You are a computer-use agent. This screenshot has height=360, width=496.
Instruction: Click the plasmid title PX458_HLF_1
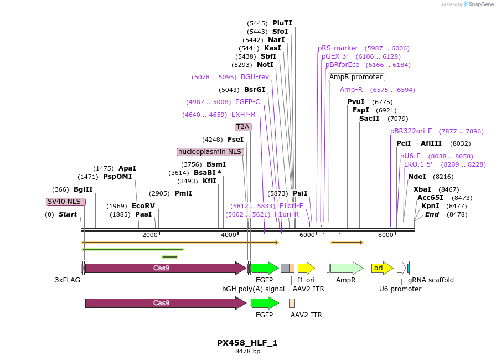[x=247, y=343]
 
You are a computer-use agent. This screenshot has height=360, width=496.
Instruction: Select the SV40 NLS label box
[x=66, y=202]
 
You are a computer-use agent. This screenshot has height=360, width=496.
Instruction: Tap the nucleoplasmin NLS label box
[x=210, y=152]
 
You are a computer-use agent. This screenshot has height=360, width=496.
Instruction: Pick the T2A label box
[x=243, y=127]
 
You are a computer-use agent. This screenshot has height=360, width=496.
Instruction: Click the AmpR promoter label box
[x=356, y=77]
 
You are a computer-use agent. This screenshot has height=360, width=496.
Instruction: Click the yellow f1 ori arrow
[x=306, y=268]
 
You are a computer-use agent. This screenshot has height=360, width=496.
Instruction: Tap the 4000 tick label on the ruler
[x=229, y=235]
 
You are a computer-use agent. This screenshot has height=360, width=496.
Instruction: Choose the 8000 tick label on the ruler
[x=385, y=235]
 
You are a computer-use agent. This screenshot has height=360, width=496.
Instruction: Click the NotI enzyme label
[x=265, y=65]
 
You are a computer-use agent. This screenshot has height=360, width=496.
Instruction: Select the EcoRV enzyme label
[x=143, y=206]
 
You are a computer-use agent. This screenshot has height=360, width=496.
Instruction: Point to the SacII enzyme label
[x=369, y=119]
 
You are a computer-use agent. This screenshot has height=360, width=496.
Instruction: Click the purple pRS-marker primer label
[x=338, y=48]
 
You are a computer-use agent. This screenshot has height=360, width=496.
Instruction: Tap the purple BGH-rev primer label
[x=255, y=77]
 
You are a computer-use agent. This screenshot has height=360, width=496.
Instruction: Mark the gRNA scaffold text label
[x=431, y=280]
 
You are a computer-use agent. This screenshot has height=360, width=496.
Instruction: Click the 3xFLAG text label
[x=68, y=280]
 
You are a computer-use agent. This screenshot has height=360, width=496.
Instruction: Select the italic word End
[x=432, y=214]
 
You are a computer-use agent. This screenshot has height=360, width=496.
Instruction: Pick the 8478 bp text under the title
[x=247, y=352]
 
